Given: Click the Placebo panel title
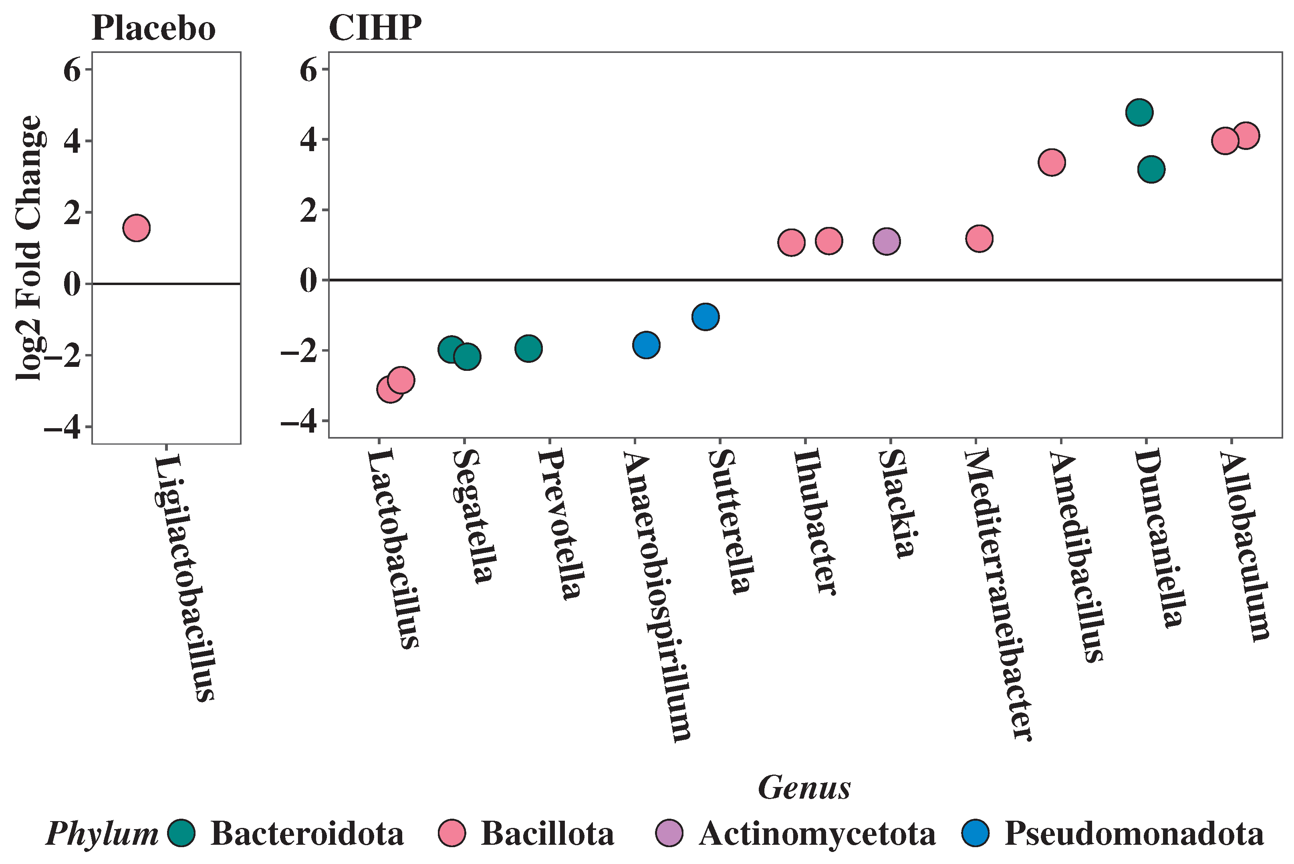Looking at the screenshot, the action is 153,28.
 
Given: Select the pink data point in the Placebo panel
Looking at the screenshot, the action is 137,228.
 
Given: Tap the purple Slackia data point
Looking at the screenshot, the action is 887,241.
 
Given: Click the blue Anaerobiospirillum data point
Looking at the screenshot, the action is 647,345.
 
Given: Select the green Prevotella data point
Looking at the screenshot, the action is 528,348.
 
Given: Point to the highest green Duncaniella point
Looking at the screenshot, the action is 1140,112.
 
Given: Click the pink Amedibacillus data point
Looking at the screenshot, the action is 1052,162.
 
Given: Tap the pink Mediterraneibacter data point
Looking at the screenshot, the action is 980,239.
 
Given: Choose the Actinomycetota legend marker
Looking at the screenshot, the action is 669,833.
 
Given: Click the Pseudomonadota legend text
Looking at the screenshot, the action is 1134,834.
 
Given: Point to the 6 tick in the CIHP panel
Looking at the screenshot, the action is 309,70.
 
